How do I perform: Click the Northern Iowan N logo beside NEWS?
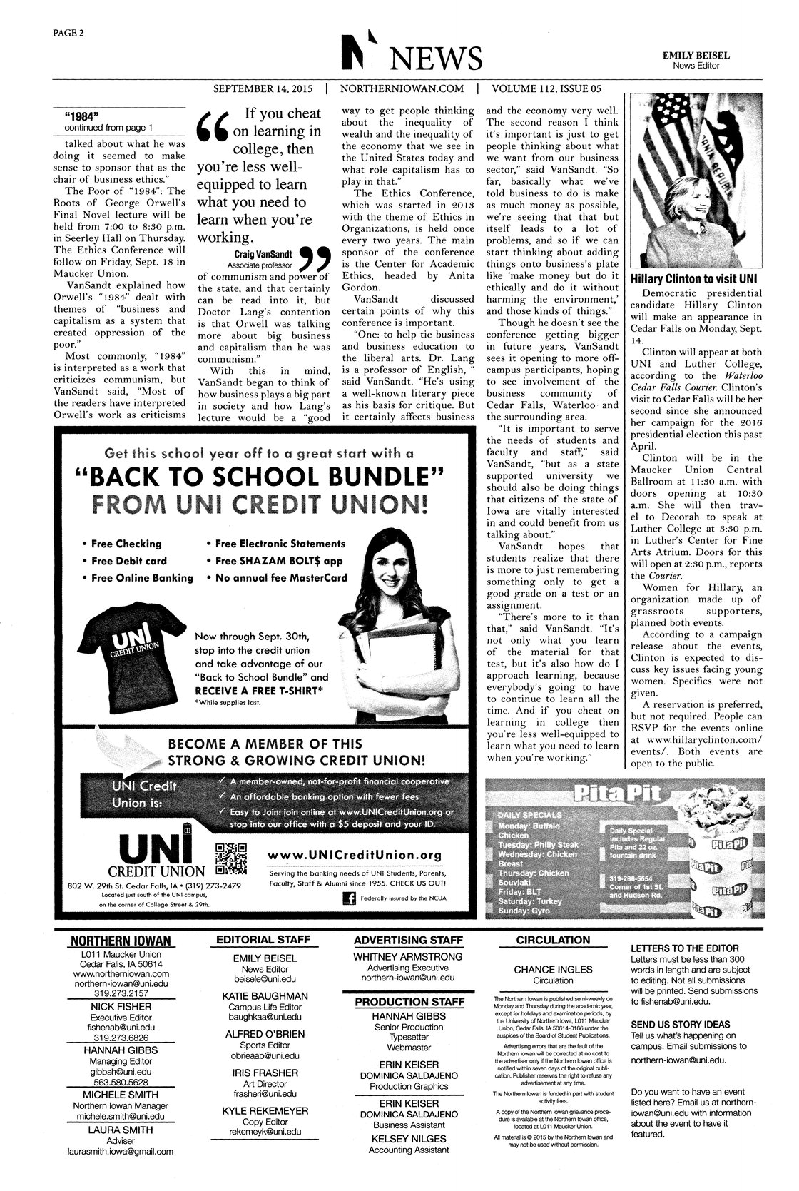pyautogui.click(x=354, y=53)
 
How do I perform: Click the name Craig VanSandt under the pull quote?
pyautogui.click(x=262, y=253)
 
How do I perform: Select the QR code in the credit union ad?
pyautogui.click(x=230, y=860)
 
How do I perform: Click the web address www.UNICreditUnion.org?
pyautogui.click(x=355, y=855)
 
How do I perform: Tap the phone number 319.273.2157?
pyautogui.click(x=121, y=993)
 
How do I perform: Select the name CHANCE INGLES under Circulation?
pyautogui.click(x=553, y=969)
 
